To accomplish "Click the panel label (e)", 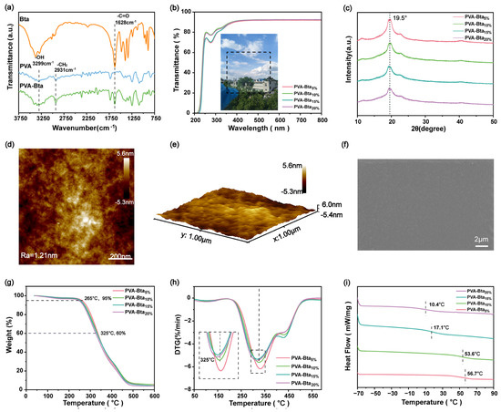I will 175,141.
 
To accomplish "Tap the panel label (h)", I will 175,270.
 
